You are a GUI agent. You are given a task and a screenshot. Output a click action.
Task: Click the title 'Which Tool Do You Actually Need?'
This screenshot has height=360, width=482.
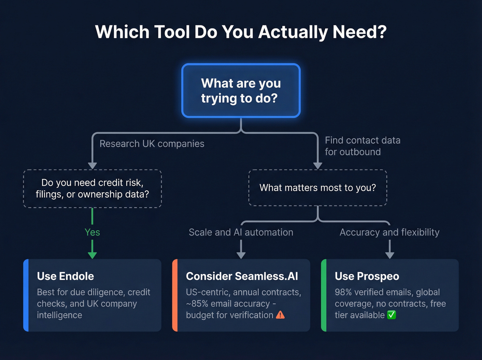click(x=241, y=32)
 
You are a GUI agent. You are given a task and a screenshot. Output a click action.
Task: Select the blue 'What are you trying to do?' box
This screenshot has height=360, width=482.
click(x=241, y=91)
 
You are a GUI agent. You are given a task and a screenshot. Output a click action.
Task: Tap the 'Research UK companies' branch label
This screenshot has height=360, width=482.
click(x=152, y=144)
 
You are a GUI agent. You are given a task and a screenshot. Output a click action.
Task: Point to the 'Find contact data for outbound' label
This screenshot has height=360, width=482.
click(x=363, y=146)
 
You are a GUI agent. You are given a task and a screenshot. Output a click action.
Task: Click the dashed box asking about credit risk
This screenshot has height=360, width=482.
click(x=92, y=188)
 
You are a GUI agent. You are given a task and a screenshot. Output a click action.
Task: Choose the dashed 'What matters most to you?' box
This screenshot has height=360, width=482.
click(x=317, y=188)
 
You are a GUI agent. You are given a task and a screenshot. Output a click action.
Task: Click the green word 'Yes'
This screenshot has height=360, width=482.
click(x=92, y=232)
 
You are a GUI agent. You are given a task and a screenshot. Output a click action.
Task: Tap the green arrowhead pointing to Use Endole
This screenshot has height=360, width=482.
click(x=92, y=255)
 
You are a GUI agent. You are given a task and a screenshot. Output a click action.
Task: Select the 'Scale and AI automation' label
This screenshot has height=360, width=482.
click(x=241, y=232)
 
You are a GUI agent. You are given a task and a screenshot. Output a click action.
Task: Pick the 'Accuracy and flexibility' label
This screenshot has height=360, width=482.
click(x=389, y=232)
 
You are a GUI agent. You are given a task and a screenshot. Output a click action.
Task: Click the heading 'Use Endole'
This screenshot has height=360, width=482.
click(x=65, y=276)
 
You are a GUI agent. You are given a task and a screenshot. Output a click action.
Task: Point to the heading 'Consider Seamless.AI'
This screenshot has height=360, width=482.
click(x=242, y=276)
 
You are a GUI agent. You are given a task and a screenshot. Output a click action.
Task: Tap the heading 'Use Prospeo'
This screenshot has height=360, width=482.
click(x=367, y=276)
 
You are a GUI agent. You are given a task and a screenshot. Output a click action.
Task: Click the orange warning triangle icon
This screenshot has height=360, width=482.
click(x=281, y=315)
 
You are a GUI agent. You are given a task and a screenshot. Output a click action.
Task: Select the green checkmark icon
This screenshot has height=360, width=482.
click(x=391, y=315)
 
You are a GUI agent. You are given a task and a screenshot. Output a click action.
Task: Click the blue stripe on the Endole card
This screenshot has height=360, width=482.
click(x=26, y=295)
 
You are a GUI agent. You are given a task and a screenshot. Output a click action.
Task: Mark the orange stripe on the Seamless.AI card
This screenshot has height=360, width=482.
click(x=175, y=295)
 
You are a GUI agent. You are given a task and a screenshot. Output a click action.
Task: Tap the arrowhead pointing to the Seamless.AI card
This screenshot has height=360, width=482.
click(x=241, y=255)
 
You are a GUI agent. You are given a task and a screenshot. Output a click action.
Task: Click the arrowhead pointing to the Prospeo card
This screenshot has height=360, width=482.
click(x=390, y=255)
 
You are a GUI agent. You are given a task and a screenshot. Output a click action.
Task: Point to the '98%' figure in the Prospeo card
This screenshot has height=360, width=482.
click(x=343, y=292)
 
